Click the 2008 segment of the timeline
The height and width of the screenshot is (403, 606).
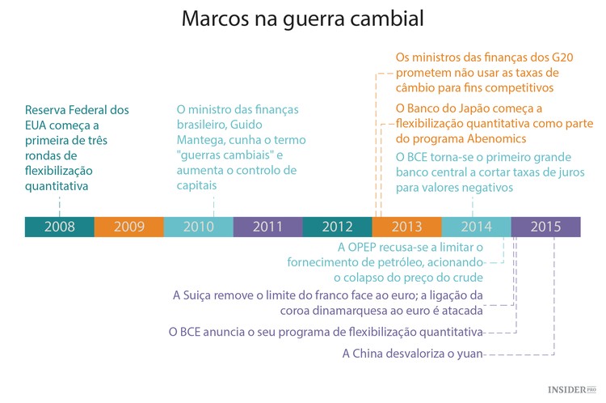[x=60, y=227]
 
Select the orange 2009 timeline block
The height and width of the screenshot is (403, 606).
[x=129, y=227]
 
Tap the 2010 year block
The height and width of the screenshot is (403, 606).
[x=199, y=227]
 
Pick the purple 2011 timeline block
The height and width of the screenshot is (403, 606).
[x=268, y=227]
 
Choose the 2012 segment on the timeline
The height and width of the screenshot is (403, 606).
[x=338, y=227]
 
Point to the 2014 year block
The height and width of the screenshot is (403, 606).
[x=477, y=227]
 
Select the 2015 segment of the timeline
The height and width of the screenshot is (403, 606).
[x=546, y=227]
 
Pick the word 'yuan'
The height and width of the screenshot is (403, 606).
[x=467, y=354]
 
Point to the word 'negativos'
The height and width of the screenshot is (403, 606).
[x=482, y=188]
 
